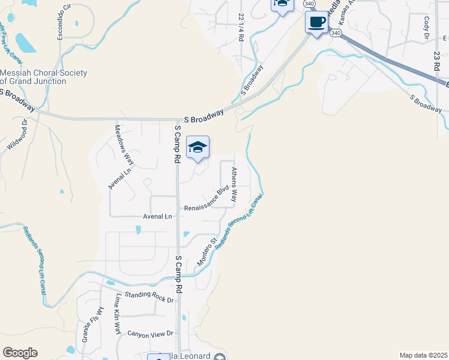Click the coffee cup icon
(x=316, y=23)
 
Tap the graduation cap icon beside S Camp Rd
(x=197, y=147)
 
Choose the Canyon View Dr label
(x=149, y=333)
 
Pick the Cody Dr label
(x=427, y=25)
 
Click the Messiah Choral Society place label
(x=43, y=77)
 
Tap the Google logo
(x=20, y=353)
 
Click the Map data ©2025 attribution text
(x=423, y=355)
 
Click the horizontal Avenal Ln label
(x=157, y=216)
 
